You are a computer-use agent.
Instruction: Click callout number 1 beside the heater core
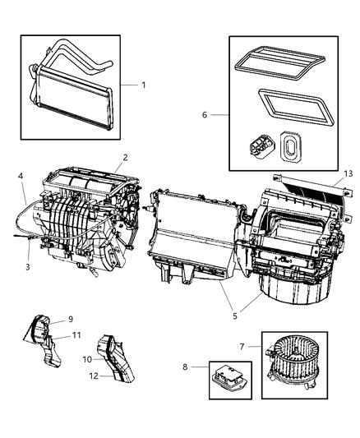[x=143, y=85]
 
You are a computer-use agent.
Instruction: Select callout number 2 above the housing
[x=125, y=157]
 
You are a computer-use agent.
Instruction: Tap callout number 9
[x=72, y=318]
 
